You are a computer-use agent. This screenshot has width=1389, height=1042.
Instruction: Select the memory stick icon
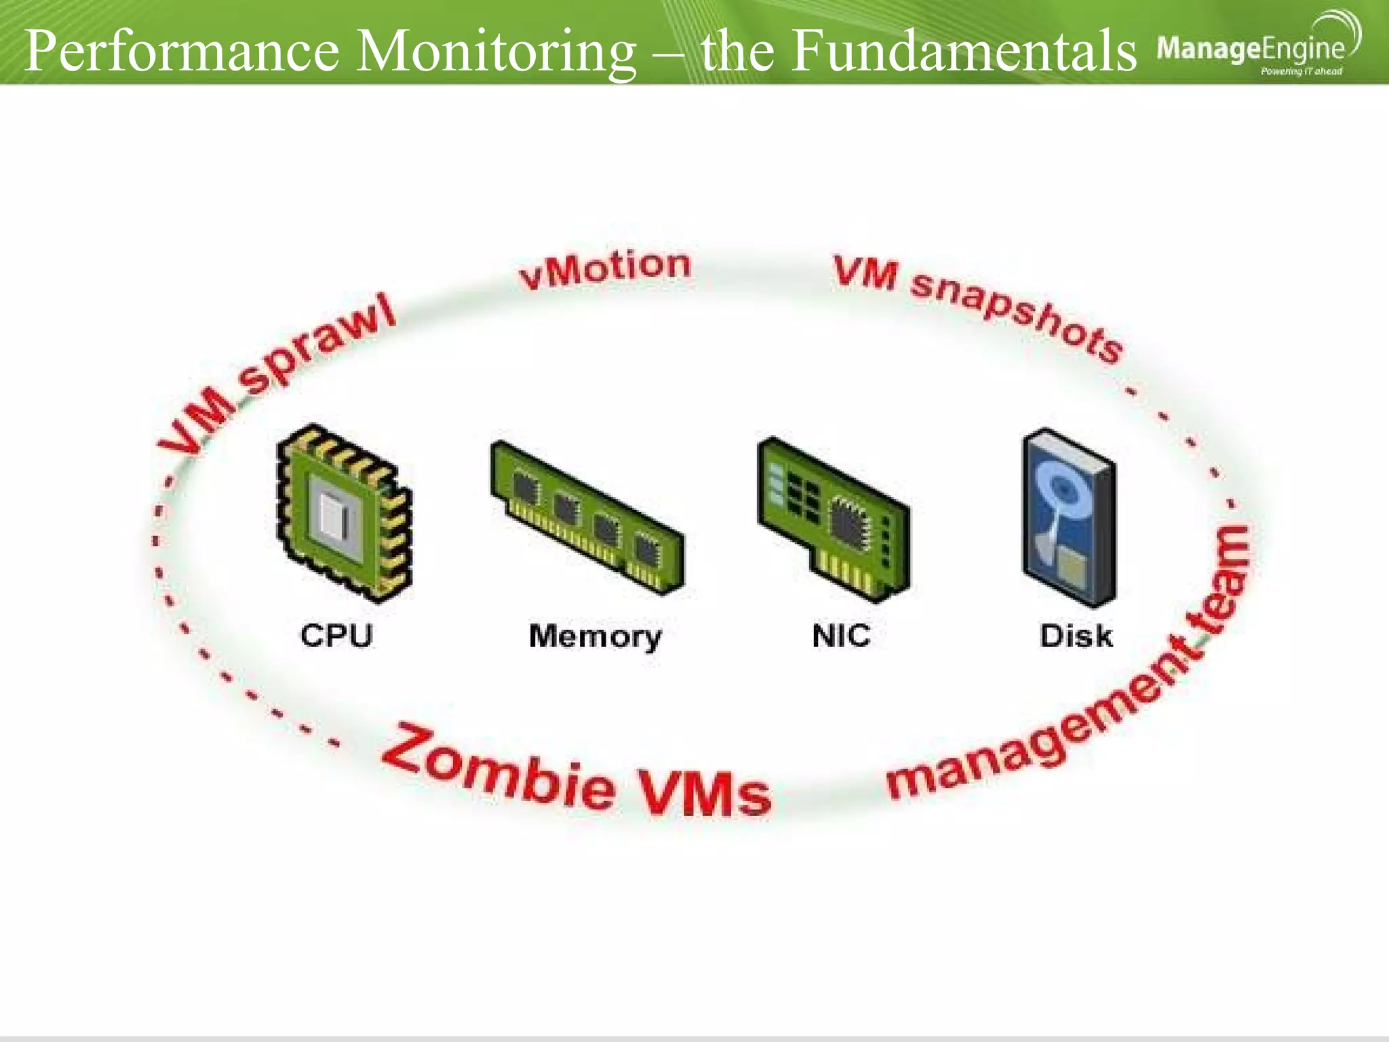[x=587, y=519]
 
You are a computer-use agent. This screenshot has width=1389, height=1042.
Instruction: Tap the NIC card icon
[x=834, y=520]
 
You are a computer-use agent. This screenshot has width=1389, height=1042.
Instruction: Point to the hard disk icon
[x=1069, y=518]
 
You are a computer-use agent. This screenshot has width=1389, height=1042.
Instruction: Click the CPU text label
[x=336, y=636]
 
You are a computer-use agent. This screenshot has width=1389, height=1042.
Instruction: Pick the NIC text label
[x=841, y=636]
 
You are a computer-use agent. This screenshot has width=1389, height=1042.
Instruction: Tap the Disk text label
[x=1076, y=636]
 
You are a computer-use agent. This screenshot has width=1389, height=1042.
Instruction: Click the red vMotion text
[x=604, y=269]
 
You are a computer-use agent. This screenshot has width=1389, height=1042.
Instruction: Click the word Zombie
[x=498, y=767]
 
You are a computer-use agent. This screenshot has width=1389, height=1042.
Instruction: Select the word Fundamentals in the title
[x=964, y=50]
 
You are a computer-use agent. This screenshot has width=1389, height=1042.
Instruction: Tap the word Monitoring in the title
[x=496, y=52]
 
